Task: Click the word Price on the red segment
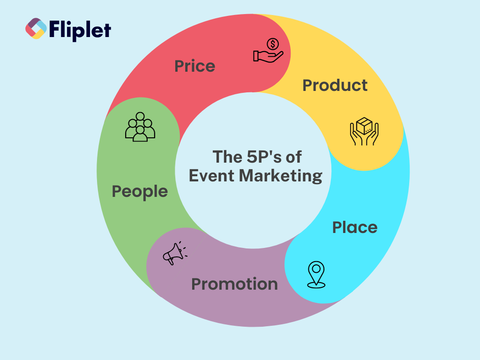[x=195, y=66]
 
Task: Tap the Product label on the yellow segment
[x=335, y=85]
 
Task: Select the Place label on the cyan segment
[x=355, y=227]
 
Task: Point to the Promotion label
[x=234, y=284]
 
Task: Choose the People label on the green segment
[x=140, y=192]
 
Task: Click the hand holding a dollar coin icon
[x=268, y=51]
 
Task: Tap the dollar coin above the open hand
[x=273, y=44]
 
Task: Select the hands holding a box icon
[x=364, y=131]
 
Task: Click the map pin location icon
[x=316, y=275]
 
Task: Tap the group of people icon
[x=140, y=127]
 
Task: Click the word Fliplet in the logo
[x=80, y=30]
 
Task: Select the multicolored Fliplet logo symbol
[x=36, y=29]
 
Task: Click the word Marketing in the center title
[x=280, y=176]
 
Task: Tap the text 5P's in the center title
[x=264, y=157]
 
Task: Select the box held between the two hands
[x=364, y=126]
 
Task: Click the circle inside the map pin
[x=316, y=269]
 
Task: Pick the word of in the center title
[x=293, y=157]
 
